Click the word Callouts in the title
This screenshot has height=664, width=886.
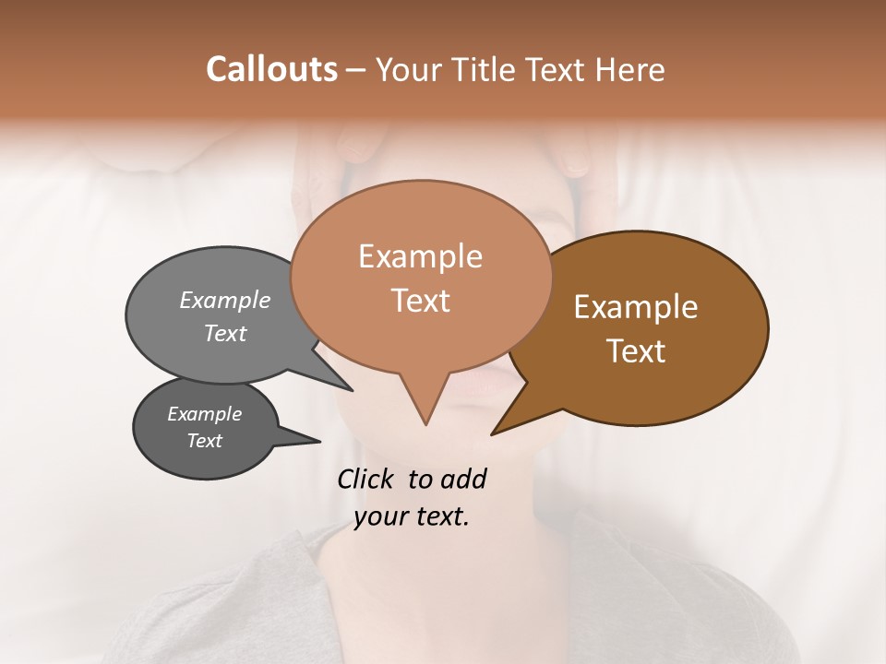[x=271, y=69]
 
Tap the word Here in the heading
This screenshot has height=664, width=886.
[x=629, y=69]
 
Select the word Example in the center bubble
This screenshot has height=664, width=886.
[x=421, y=256]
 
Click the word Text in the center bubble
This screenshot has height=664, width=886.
[x=421, y=301]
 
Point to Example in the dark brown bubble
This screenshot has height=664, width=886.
[x=636, y=307]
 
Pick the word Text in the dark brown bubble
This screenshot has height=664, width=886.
[x=636, y=351]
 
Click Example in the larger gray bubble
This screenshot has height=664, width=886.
[x=225, y=300]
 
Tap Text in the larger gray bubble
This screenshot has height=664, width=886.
[x=225, y=333]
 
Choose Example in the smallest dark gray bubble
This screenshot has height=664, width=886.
[x=205, y=414]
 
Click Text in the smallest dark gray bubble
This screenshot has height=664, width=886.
[x=205, y=441]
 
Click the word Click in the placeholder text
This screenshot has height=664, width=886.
[x=367, y=479]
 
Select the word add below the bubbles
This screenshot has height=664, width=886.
[x=463, y=479]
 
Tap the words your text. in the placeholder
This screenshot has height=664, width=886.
[x=412, y=517]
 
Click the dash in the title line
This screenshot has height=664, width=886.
[x=357, y=69]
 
